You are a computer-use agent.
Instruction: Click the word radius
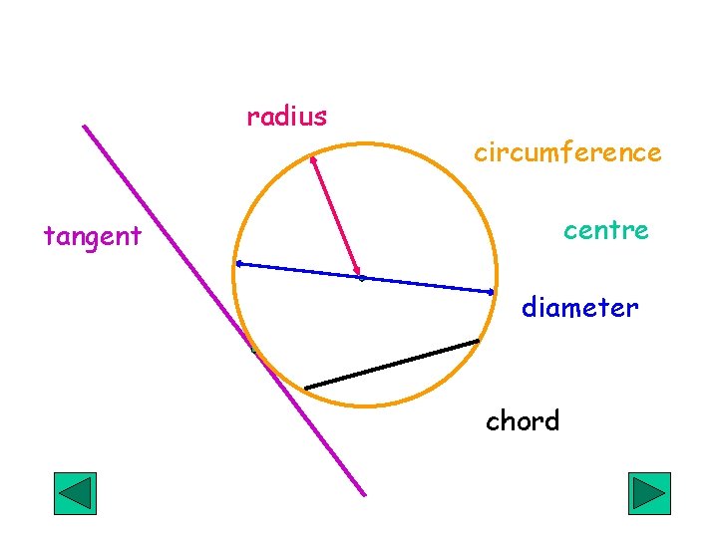tap(287, 117)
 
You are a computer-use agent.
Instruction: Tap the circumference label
tap(566, 152)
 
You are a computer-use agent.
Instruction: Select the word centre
tap(605, 231)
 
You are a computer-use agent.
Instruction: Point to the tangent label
tap(93, 237)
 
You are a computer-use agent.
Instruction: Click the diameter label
tap(579, 308)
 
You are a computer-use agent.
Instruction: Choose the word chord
tap(523, 421)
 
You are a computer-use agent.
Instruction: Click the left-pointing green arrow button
tap(74, 493)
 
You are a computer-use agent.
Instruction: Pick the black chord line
tap(392, 365)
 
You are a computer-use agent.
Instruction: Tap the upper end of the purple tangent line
tap(85, 127)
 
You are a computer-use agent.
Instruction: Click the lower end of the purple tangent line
tap(364, 494)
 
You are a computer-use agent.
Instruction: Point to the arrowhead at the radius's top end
tap(312, 157)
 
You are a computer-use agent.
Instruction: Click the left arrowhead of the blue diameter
tap(238, 264)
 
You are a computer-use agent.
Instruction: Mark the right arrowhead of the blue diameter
tap(493, 292)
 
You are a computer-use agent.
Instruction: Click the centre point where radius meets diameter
tap(361, 277)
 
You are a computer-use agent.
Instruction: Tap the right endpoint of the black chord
tap(478, 342)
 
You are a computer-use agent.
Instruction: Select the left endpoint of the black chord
tap(306, 388)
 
